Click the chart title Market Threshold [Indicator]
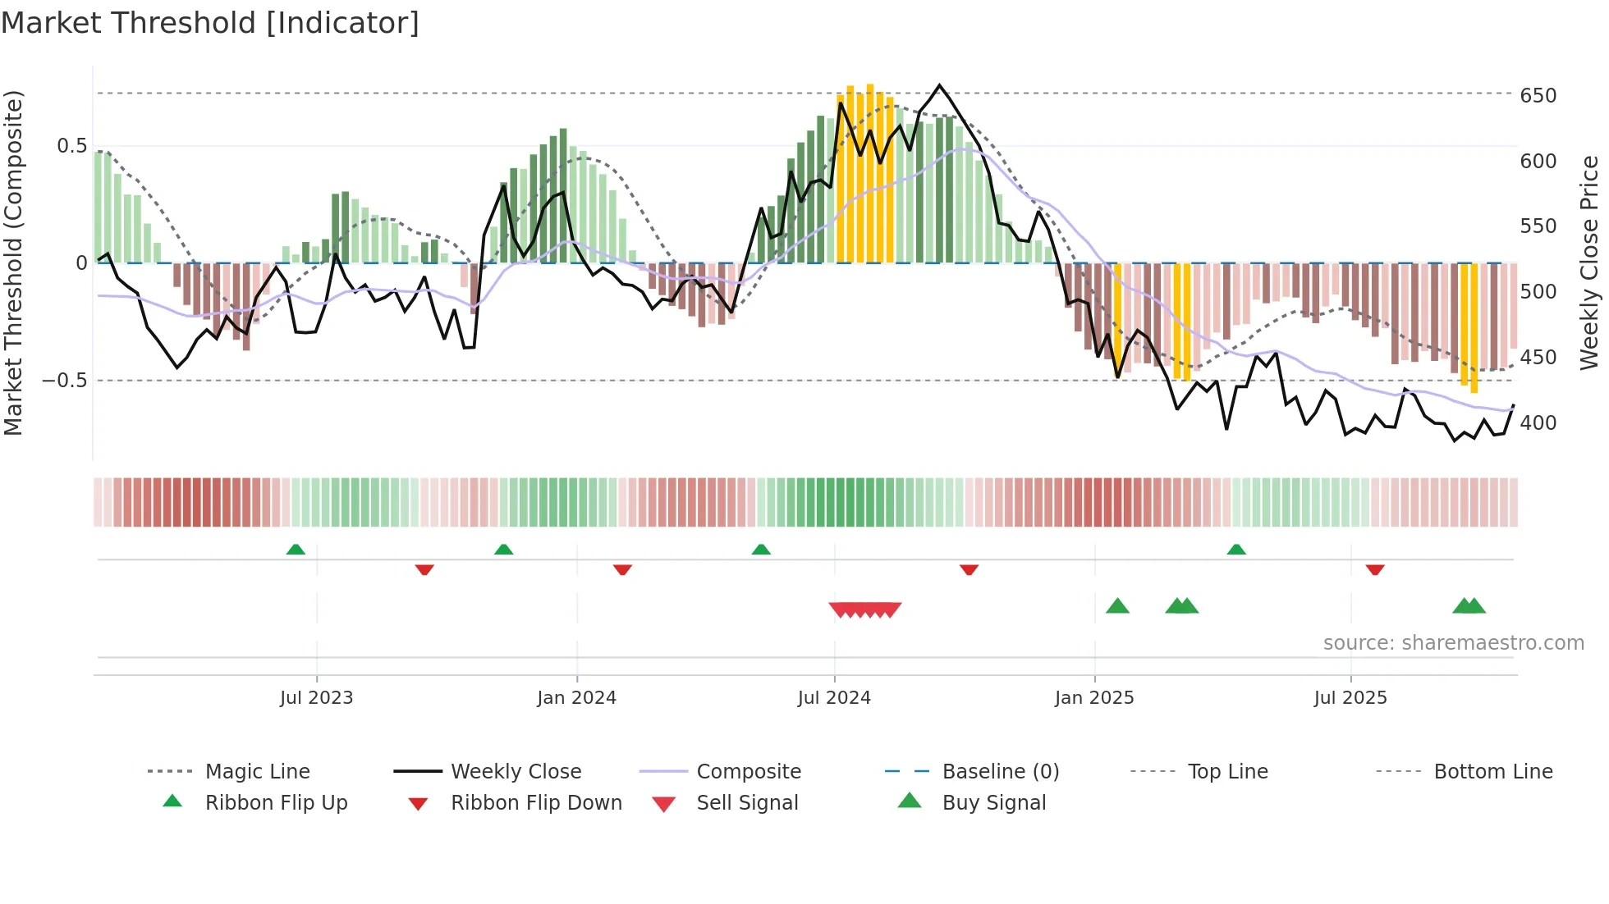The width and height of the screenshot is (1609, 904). pos(210,23)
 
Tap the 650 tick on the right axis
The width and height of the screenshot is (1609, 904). pos(1538,96)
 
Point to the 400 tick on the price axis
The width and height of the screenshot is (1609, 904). pos(1538,423)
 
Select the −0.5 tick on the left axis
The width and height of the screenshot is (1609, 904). pos(65,381)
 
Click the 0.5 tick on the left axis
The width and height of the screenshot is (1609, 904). pos(72,146)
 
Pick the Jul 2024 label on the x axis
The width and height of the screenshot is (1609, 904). pos(834,698)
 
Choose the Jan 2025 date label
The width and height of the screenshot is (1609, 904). pos(1094,698)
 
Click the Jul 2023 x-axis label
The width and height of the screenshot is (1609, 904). pos(316,698)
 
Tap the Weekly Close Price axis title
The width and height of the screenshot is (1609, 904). pos(1589,263)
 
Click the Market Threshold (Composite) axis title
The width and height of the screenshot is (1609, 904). pos(13,263)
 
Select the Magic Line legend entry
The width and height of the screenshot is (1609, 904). pos(257,772)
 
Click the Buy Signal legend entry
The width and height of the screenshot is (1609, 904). pos(993,803)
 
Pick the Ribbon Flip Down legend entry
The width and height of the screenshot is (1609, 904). pos(536,803)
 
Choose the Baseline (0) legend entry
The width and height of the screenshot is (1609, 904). pos(1000,772)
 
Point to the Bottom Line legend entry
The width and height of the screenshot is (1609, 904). pos(1492,772)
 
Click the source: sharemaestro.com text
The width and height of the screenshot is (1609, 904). pos(1453,643)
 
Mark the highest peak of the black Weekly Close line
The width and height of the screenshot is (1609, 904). pos(940,85)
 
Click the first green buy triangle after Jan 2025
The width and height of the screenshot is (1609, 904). pos(1117,606)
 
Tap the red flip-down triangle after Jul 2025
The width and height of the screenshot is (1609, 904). pos(1375,569)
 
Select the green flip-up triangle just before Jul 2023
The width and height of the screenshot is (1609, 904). pos(296,549)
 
